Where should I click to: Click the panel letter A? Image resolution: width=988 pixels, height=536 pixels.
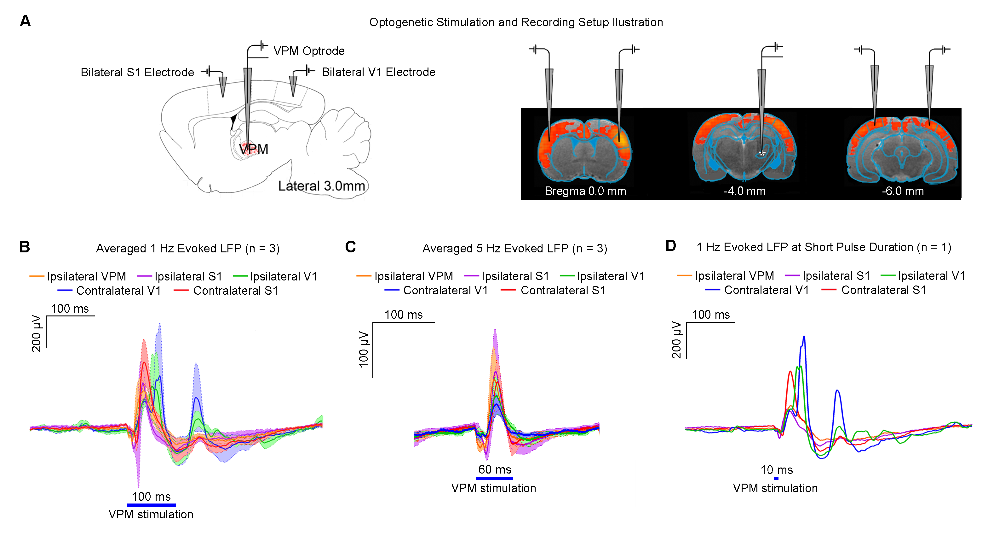tap(25, 21)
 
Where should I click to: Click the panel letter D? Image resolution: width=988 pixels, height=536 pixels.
tap(670, 246)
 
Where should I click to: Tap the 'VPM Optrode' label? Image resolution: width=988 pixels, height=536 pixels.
tap(309, 51)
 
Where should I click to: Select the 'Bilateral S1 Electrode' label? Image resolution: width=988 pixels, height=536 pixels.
tap(137, 72)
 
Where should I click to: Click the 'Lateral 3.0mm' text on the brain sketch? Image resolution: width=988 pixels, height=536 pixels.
tap(321, 186)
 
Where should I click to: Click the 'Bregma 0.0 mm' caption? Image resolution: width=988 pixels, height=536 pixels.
tap(585, 191)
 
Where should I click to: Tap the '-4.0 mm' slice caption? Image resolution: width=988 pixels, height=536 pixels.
tap(744, 191)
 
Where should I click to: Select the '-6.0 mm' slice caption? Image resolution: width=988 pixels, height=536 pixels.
tap(903, 191)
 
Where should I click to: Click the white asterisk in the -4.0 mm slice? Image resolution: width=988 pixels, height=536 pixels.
tap(762, 154)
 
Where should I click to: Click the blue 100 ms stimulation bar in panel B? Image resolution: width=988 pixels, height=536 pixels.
tap(151, 505)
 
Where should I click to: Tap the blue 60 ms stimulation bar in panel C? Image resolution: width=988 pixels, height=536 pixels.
tap(494, 478)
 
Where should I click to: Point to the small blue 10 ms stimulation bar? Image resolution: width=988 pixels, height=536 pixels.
tap(776, 478)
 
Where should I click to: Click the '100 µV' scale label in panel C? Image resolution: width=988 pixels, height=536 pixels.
tap(363, 350)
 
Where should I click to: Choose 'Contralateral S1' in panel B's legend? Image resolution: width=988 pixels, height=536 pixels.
tap(235, 291)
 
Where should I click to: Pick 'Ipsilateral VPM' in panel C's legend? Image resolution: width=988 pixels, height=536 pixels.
tap(413, 276)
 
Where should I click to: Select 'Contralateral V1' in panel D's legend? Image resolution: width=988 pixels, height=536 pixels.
tap(766, 290)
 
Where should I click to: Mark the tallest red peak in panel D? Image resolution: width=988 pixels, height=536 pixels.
tap(790, 372)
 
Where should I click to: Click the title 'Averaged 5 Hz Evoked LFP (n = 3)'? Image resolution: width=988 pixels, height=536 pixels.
tap(514, 248)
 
